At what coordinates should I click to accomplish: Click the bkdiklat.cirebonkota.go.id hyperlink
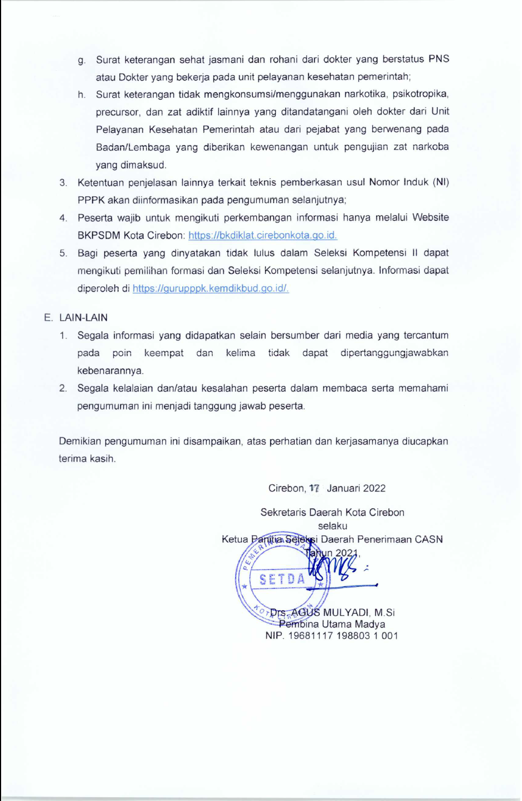[x=262, y=235]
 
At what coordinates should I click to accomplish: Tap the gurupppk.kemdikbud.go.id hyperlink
[x=211, y=288]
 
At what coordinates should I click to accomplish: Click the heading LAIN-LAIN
[x=83, y=317]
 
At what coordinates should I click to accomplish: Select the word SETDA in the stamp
[x=282, y=580]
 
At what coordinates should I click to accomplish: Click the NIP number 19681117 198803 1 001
[x=343, y=636]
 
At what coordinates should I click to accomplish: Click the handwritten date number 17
[x=314, y=488]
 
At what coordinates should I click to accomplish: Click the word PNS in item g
[x=438, y=59]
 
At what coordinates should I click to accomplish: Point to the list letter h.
[x=82, y=95]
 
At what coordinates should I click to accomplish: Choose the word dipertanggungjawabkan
[x=394, y=353]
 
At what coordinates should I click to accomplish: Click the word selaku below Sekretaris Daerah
[x=333, y=525]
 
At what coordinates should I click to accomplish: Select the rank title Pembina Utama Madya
[x=332, y=624]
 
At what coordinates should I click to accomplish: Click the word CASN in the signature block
[x=429, y=539]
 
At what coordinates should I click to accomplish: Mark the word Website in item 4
[x=430, y=218]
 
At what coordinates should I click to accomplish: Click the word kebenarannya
[x=110, y=370]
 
